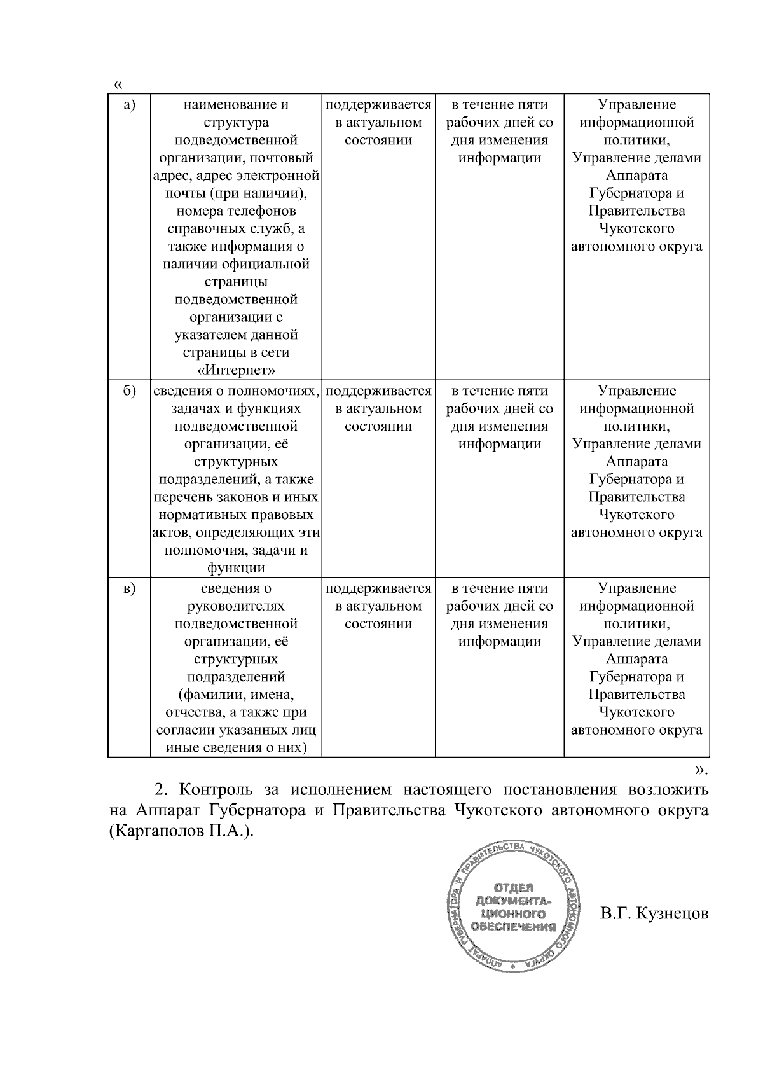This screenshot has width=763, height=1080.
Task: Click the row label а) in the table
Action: tap(129, 105)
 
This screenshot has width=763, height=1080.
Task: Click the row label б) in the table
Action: tap(129, 391)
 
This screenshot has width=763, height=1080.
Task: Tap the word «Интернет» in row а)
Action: tap(236, 370)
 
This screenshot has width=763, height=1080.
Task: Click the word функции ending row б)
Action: tap(236, 568)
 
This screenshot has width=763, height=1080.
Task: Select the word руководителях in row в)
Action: tap(236, 606)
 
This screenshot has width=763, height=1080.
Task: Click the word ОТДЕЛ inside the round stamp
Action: tap(513, 888)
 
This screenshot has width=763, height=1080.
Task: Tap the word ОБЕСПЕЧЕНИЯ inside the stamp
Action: tap(513, 927)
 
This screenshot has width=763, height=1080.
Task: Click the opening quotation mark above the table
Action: tap(118, 85)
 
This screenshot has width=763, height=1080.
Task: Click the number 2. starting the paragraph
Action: tap(162, 791)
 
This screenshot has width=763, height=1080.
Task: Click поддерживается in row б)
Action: tap(378, 391)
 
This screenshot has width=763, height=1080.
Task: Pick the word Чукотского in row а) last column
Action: tap(636, 228)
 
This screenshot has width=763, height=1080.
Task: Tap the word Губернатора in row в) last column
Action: tap(636, 677)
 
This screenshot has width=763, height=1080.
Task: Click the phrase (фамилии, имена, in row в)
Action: tap(236, 695)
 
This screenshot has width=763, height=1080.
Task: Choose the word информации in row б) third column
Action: tap(500, 444)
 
